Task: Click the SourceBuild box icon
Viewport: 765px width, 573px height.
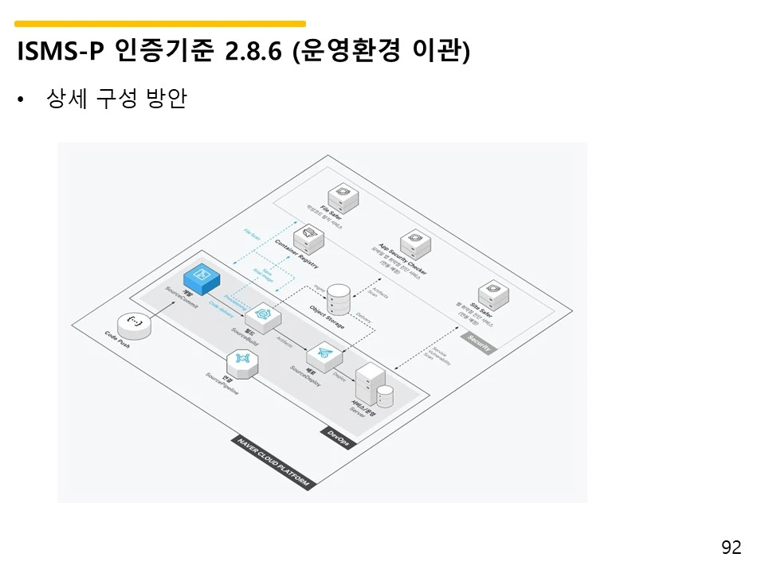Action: pos(267,315)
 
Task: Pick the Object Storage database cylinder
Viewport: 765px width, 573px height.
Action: pos(339,299)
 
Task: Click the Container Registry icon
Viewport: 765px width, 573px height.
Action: pos(308,236)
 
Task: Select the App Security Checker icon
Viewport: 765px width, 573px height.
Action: pos(414,242)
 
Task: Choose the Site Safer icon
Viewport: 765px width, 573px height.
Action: pos(492,296)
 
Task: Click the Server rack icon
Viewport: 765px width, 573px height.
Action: pos(371,384)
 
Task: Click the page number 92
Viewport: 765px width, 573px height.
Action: pos(731,548)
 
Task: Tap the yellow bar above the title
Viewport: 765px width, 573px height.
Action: pos(159,24)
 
